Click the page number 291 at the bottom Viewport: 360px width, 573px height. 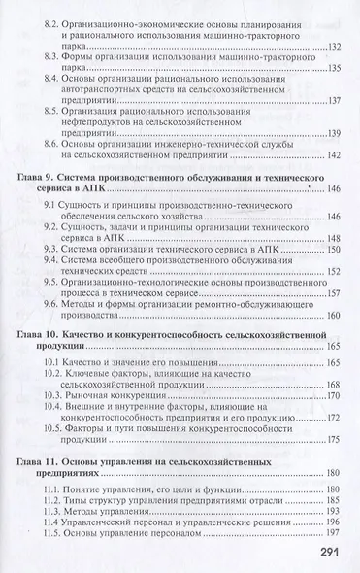click(329, 555)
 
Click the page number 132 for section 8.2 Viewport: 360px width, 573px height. click(336, 47)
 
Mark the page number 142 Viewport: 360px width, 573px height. click(336, 155)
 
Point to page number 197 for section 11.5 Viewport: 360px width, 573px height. click(336, 533)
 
